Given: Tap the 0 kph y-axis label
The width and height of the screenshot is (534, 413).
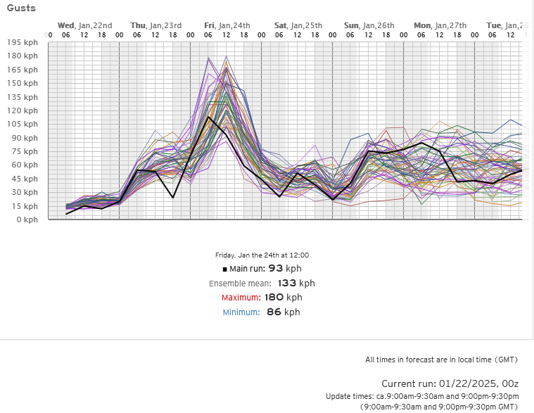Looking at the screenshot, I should point(27,220).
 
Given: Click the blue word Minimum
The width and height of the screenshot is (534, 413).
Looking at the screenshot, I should point(242,312).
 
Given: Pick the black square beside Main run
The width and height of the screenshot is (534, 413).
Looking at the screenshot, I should point(224,269).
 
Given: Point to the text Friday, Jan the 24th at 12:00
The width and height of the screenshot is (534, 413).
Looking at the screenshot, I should point(262,255).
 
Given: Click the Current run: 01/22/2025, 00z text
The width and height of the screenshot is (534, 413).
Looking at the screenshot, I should point(450,383).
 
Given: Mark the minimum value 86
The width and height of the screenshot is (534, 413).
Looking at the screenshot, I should point(274,312).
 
